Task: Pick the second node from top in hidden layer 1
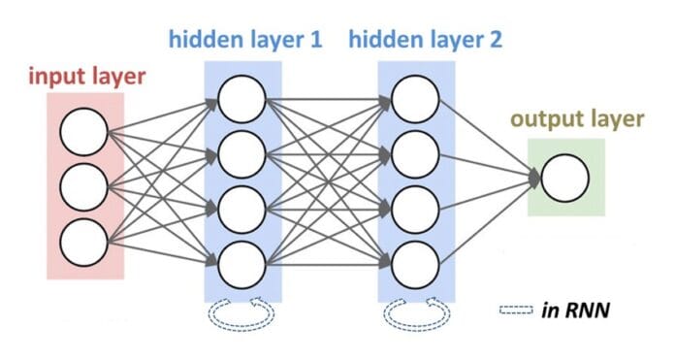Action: [x=241, y=152]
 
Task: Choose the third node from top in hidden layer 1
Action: [x=241, y=207]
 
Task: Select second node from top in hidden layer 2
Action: [x=415, y=152]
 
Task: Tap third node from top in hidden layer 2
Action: [x=415, y=207]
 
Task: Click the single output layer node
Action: [x=565, y=179]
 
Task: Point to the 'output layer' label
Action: [x=576, y=120]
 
